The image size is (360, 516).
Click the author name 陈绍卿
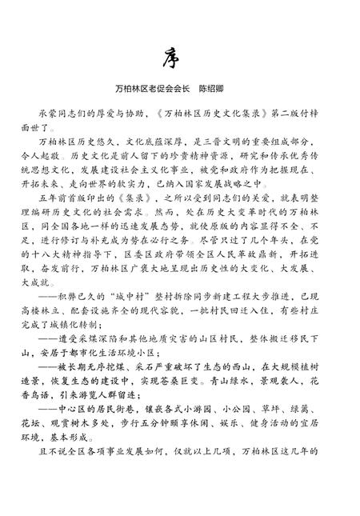(215, 82)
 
